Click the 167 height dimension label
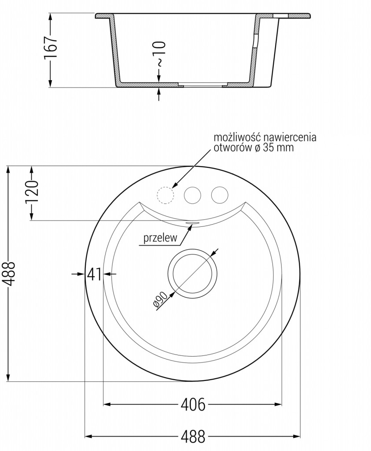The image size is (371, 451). click(x=51, y=49)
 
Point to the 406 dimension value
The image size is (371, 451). click(x=192, y=404)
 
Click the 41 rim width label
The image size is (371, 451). click(x=94, y=274)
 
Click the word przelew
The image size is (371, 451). click(x=160, y=239)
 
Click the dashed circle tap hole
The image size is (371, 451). click(x=165, y=195)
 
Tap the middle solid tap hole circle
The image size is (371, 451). click(x=192, y=195)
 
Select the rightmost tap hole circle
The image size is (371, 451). click(x=219, y=195)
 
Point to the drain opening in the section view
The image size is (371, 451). click(x=202, y=84)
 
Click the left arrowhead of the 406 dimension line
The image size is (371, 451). click(x=106, y=404)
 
